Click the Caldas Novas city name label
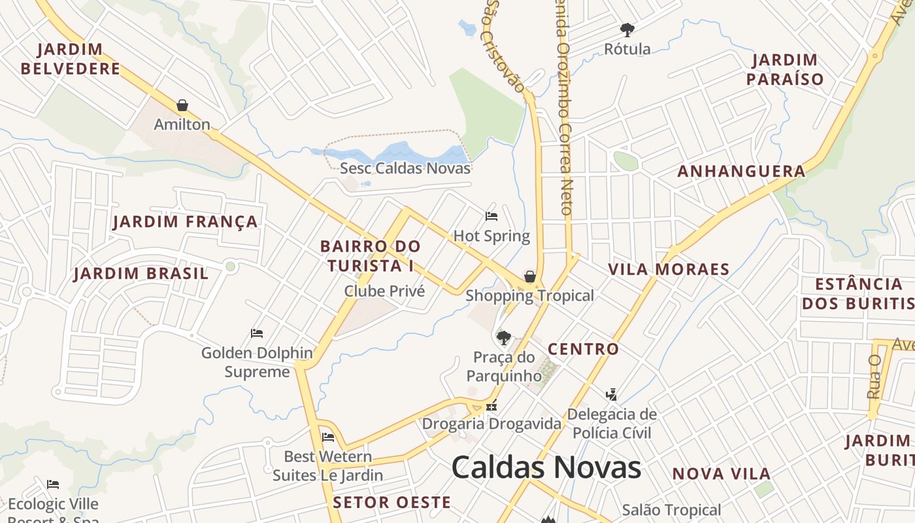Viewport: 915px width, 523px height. pyautogui.click(x=546, y=467)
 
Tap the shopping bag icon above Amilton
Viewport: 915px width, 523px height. pyautogui.click(x=182, y=105)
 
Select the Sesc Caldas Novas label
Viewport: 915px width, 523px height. pyautogui.click(x=405, y=168)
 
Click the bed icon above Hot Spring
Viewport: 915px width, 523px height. pyautogui.click(x=491, y=216)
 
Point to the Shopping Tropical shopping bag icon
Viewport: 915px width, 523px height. pyautogui.click(x=530, y=277)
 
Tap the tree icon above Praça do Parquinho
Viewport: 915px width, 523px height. pyautogui.click(x=503, y=338)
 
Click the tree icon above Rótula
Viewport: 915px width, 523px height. pyautogui.click(x=627, y=30)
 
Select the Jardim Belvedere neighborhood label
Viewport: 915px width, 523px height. pyautogui.click(x=71, y=59)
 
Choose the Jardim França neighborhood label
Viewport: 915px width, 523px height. pyautogui.click(x=186, y=222)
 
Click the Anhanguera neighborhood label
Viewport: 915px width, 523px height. pyautogui.click(x=741, y=171)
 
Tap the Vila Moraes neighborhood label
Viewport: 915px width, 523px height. pyautogui.click(x=669, y=269)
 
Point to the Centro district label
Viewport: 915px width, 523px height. pyautogui.click(x=583, y=349)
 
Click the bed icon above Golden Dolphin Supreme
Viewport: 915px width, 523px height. pyautogui.click(x=257, y=333)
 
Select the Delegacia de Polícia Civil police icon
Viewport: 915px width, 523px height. pyautogui.click(x=611, y=394)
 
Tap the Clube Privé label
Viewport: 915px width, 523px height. pyautogui.click(x=384, y=291)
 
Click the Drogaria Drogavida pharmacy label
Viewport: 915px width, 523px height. pyautogui.click(x=491, y=424)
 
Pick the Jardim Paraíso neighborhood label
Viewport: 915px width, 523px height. pyautogui.click(x=785, y=69)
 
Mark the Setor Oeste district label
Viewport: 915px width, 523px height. pyautogui.click(x=391, y=502)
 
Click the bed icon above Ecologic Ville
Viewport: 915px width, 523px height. pyautogui.click(x=53, y=484)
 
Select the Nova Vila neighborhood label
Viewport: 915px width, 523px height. pyautogui.click(x=722, y=473)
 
